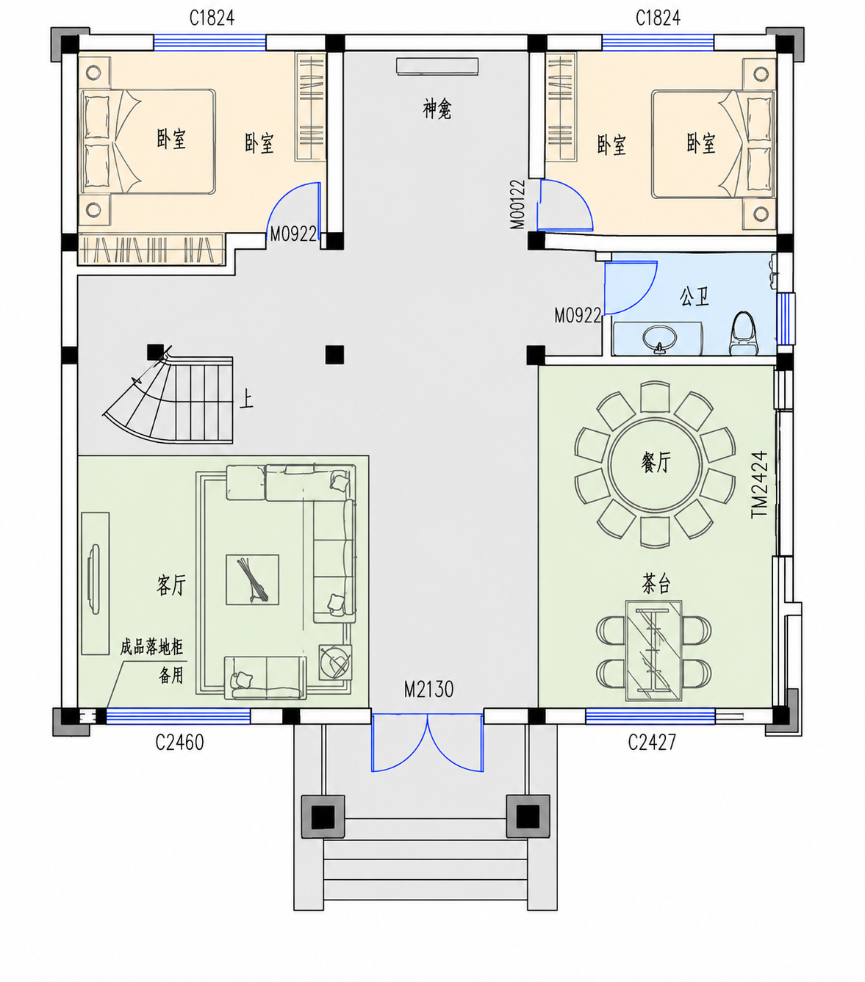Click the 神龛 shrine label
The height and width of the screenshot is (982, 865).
[x=437, y=109]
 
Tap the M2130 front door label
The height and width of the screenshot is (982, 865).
[x=429, y=689]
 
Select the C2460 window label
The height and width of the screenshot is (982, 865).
[x=179, y=742]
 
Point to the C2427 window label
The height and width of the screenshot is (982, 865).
[x=652, y=742]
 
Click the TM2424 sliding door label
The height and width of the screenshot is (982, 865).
[x=759, y=485]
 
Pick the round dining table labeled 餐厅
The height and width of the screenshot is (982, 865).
[x=655, y=464]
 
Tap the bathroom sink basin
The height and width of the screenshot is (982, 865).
[x=658, y=338]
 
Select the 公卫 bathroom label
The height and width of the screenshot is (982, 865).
[x=694, y=296]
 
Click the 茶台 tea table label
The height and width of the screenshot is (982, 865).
[x=656, y=584]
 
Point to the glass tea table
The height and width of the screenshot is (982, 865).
[x=653, y=651]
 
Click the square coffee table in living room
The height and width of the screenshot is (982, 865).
[x=252, y=580]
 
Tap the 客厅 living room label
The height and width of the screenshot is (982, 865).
[x=171, y=585]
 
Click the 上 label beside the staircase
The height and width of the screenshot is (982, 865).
[x=246, y=400]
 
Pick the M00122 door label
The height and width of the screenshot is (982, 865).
[x=517, y=204]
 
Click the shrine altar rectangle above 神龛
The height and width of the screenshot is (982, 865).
[x=437, y=66]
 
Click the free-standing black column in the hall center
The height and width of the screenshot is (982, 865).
[x=334, y=355]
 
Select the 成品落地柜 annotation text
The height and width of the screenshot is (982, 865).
[x=152, y=647]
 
